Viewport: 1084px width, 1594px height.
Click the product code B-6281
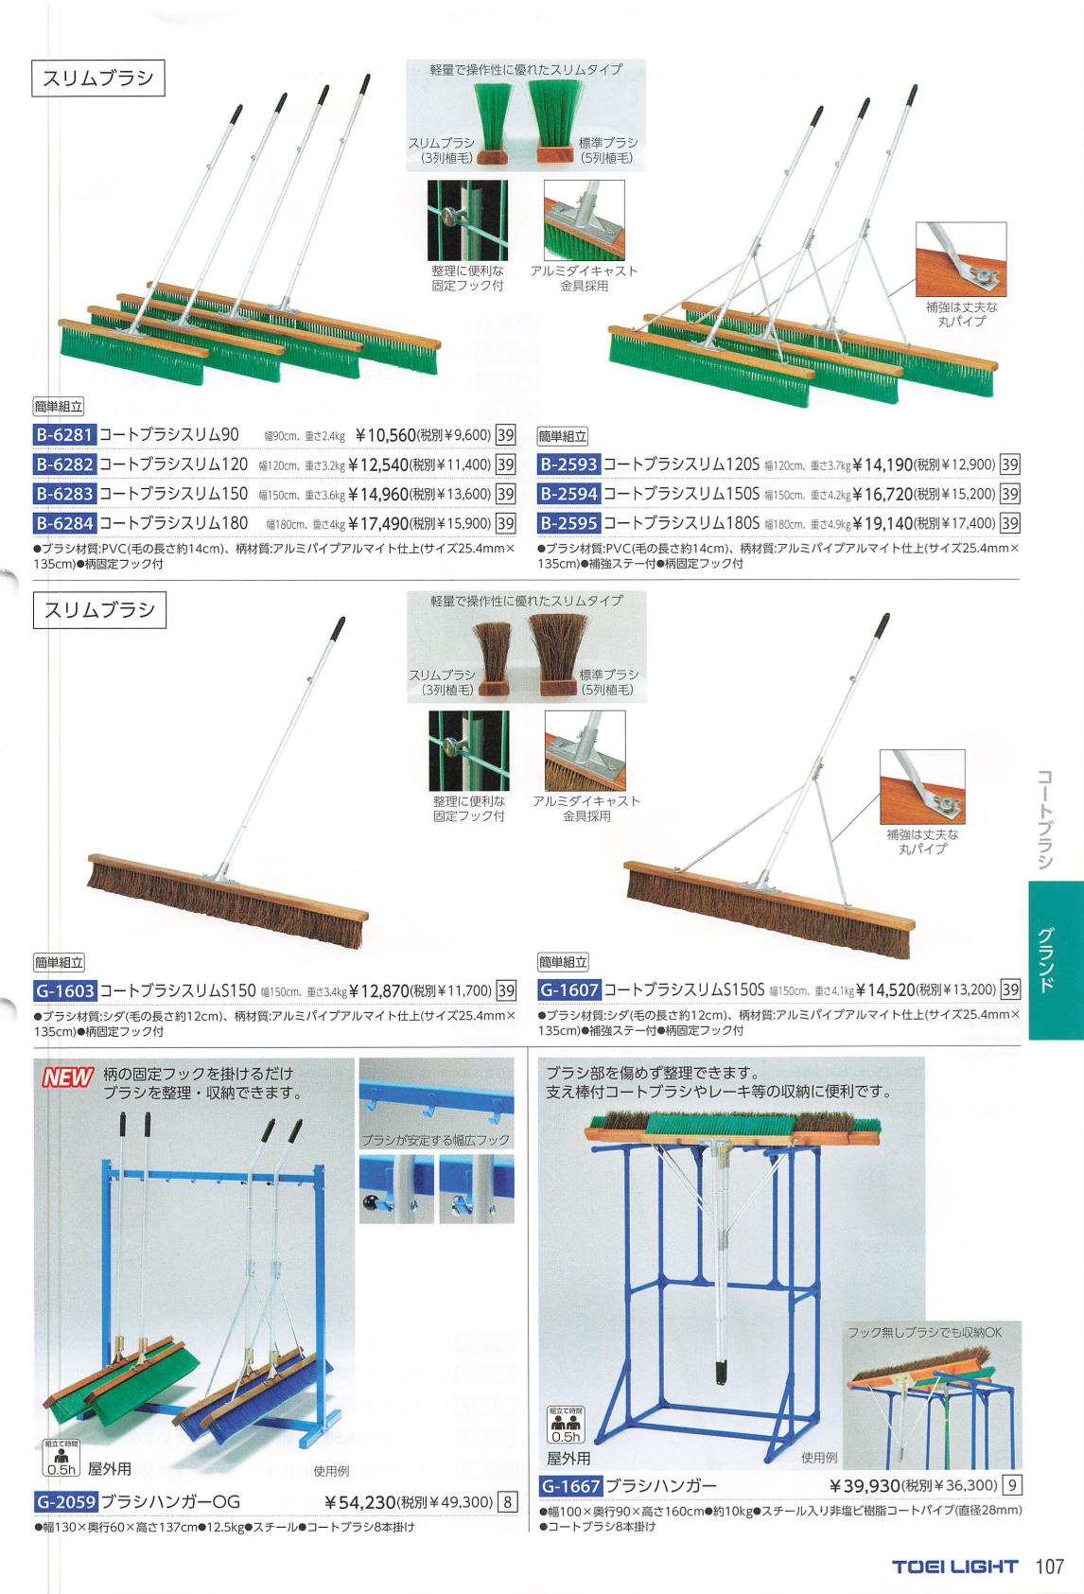click(x=64, y=435)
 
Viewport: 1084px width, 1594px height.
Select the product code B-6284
click(x=64, y=524)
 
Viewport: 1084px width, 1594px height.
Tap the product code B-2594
click(x=568, y=494)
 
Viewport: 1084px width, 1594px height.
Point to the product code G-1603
click(x=64, y=990)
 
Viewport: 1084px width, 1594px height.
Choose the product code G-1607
click(x=570, y=990)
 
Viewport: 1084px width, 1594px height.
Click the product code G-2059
click(x=65, y=1502)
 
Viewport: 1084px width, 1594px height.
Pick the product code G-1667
click(x=570, y=1485)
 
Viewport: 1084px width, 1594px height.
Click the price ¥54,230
click(x=359, y=1502)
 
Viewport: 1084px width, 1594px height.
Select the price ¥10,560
click(x=385, y=435)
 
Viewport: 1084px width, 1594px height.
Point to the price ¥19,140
click(x=883, y=524)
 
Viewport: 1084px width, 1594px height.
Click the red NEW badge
click(x=67, y=1078)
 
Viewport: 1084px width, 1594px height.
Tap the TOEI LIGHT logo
click(x=955, y=1567)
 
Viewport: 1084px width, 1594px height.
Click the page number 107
click(x=1050, y=1567)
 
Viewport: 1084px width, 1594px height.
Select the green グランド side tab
click(x=1056, y=960)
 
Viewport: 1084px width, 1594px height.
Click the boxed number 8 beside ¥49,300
click(x=508, y=1503)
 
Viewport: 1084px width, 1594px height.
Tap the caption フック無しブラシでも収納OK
click(x=924, y=1332)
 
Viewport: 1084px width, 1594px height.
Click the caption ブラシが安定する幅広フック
click(x=436, y=1139)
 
